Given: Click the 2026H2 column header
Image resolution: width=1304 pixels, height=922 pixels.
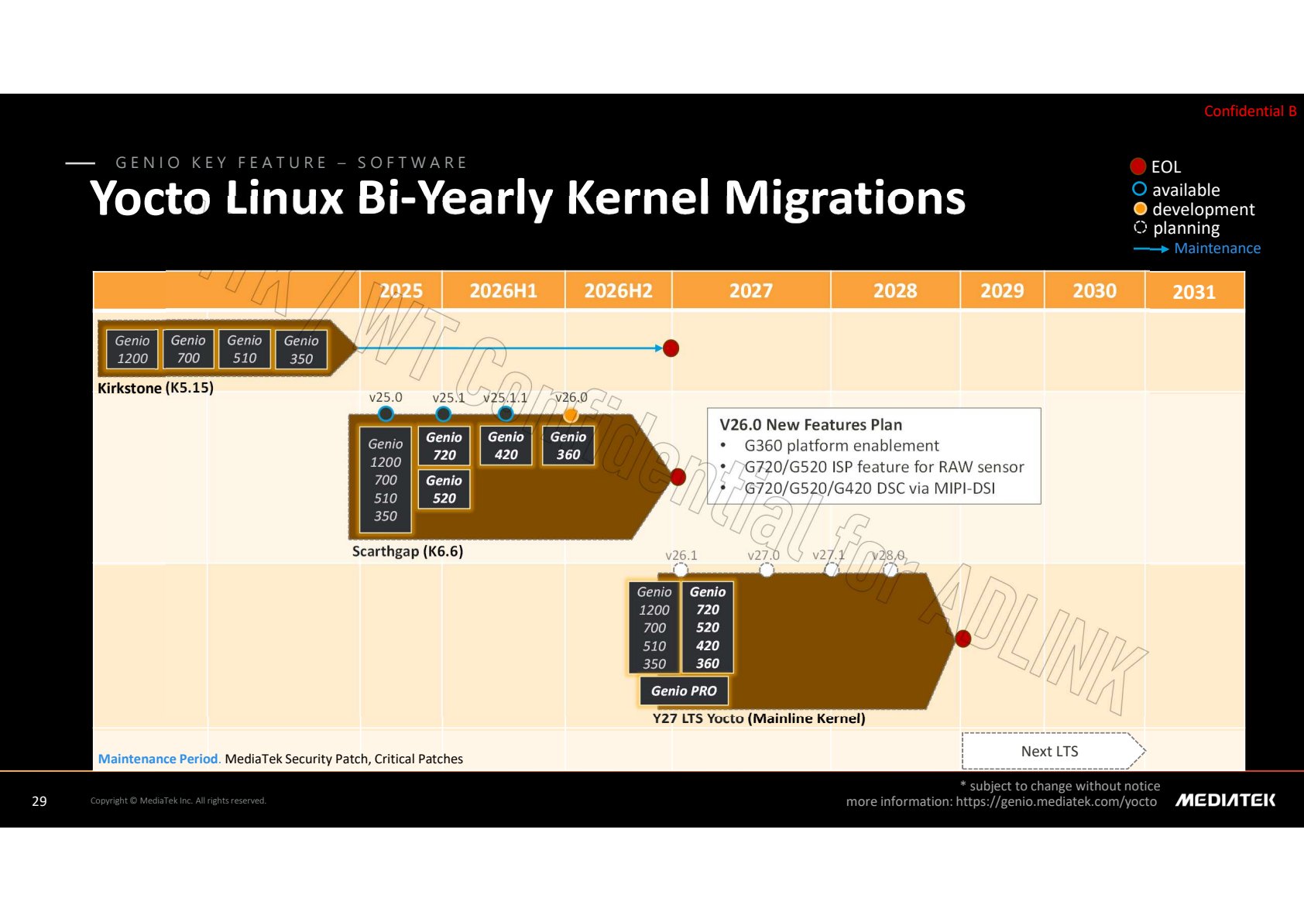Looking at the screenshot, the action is tap(618, 290).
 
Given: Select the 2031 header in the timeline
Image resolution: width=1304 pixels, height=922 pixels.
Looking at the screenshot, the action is tap(1194, 292).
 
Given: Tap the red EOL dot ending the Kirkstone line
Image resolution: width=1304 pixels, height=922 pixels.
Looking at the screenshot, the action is tap(671, 348).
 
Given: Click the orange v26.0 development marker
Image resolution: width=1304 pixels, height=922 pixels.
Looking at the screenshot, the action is tap(571, 414).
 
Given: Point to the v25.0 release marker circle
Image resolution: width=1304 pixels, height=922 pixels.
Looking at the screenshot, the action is tap(386, 414).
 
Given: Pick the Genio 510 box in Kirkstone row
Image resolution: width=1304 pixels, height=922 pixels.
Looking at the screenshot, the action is tap(245, 348).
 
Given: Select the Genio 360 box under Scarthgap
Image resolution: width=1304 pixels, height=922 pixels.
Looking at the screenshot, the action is tap(568, 445).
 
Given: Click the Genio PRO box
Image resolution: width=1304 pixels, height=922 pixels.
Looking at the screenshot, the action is tap(684, 691).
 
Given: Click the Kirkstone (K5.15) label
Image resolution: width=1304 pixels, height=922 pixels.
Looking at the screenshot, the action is tap(156, 388).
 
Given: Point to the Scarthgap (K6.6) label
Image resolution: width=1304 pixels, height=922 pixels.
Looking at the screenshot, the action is tap(407, 551).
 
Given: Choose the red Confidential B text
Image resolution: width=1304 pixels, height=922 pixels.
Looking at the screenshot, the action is tap(1250, 111).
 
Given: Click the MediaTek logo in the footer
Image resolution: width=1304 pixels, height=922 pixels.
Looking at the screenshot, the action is tap(1226, 800).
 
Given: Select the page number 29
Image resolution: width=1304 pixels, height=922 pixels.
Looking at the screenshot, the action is tap(39, 801).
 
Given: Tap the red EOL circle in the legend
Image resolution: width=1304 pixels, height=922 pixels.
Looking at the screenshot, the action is tap(1138, 166).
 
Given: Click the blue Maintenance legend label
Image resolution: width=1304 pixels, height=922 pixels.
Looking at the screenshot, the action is tap(1217, 248).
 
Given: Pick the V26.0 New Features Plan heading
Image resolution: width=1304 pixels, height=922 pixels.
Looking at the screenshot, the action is tap(811, 425).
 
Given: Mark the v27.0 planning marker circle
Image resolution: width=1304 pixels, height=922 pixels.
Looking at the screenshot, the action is tap(767, 570).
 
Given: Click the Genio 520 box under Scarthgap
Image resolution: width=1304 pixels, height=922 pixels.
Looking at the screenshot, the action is tap(444, 489).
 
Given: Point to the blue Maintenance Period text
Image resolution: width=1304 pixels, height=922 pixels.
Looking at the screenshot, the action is tap(158, 759).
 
